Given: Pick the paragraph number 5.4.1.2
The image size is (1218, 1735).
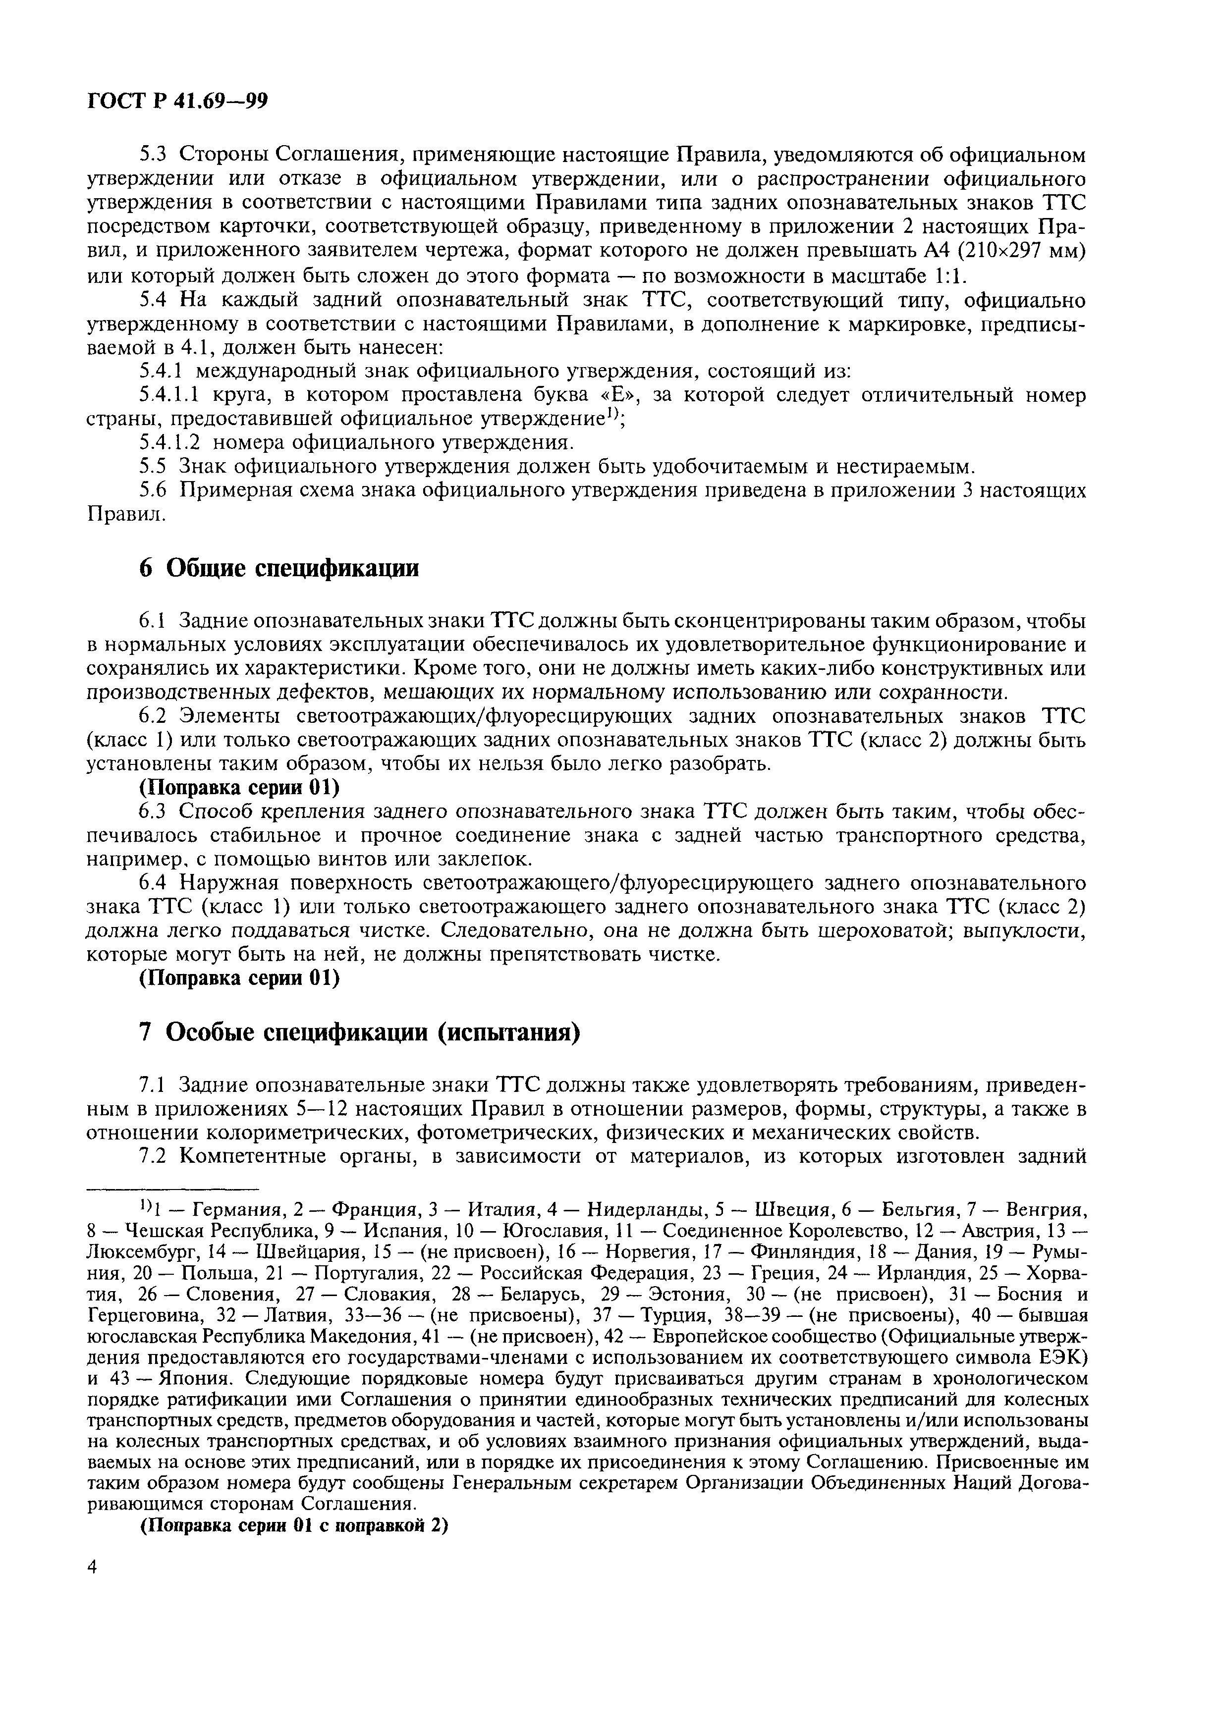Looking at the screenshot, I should (168, 442).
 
